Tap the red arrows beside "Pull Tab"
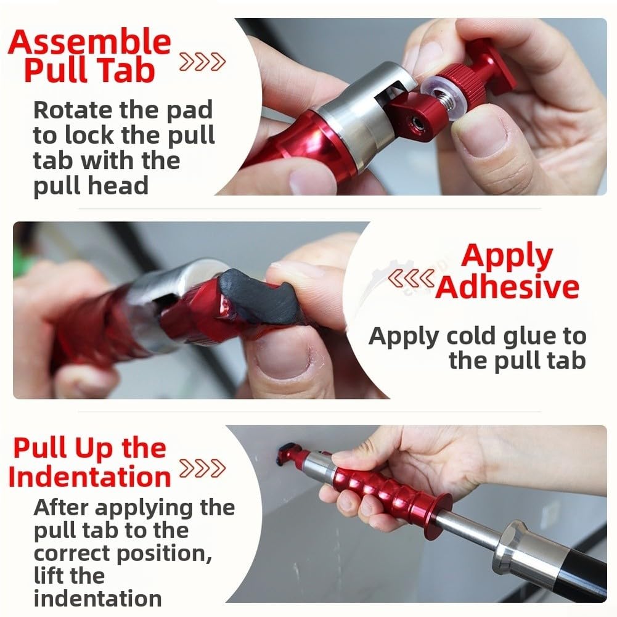202,62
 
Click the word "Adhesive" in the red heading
507,287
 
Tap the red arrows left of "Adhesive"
411,278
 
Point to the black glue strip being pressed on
259,295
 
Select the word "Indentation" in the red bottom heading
89,476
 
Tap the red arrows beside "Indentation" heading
202,468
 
